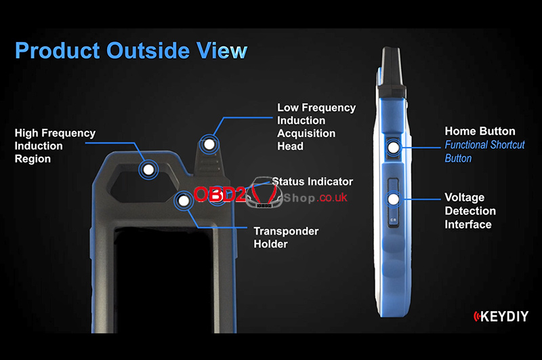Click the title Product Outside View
click(131, 51)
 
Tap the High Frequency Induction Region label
click(55, 146)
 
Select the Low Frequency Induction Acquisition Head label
click(316, 127)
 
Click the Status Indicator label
click(312, 182)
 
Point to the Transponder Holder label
click(286, 237)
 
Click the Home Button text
click(480, 131)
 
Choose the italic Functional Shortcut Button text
click(484, 151)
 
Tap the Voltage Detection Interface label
click(470, 211)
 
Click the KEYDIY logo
click(501, 316)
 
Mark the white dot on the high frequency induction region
click(148, 169)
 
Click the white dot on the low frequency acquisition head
click(209, 144)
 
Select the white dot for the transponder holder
click(184, 201)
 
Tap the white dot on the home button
click(394, 148)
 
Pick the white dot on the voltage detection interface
click(394, 199)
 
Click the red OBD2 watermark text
click(220, 195)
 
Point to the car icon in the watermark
click(264, 193)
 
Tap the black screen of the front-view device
click(164, 280)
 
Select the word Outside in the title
click(148, 51)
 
